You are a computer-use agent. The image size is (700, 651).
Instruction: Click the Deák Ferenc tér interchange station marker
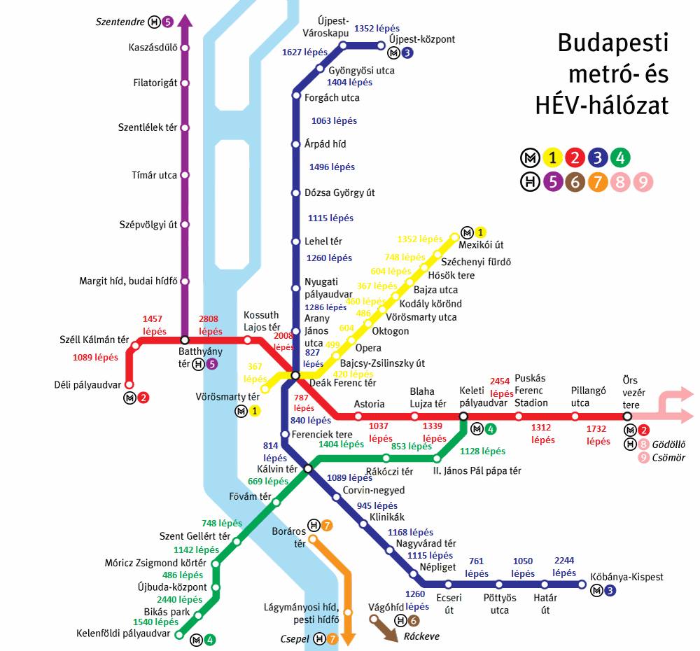click(295, 376)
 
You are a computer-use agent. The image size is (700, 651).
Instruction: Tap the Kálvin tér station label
click(277, 468)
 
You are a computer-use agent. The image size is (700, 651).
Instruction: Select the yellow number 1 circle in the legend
click(553, 157)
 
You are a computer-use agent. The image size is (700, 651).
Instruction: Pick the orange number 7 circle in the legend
click(597, 183)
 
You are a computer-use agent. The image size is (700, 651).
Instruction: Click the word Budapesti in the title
click(612, 43)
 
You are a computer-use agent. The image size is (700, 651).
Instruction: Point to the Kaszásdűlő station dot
click(185, 48)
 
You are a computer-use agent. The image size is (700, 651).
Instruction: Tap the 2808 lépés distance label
click(211, 325)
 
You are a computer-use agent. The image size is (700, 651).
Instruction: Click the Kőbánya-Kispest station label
click(626, 577)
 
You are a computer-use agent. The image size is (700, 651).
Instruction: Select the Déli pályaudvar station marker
click(129, 384)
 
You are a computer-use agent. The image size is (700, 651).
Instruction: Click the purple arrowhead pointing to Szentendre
click(185, 20)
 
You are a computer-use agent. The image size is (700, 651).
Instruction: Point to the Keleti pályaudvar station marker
click(463, 416)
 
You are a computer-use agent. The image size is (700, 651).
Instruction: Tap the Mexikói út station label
click(481, 245)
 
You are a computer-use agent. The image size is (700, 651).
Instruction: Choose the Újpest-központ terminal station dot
click(381, 46)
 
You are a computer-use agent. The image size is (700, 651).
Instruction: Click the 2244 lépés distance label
click(564, 566)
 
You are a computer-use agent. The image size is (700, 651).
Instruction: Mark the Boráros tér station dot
click(312, 539)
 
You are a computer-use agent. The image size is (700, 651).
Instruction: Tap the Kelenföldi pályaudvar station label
click(123, 633)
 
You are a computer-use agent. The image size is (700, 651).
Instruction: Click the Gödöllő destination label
click(670, 444)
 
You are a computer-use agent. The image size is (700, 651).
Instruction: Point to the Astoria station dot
click(358, 416)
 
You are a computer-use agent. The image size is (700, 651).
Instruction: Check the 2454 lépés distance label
click(502, 387)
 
